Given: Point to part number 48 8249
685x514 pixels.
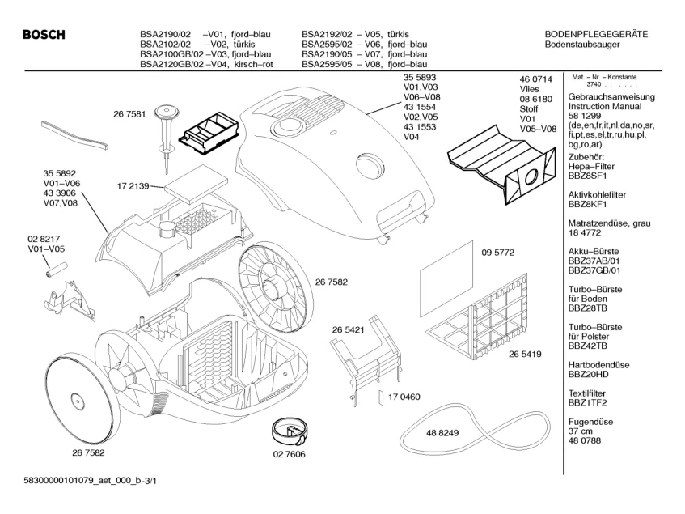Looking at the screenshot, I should [442, 433].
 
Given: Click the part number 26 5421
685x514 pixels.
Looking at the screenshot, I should [349, 330].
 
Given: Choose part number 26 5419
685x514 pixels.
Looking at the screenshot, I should [525, 355].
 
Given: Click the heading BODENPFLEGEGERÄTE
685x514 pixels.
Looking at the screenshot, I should [597, 34].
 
